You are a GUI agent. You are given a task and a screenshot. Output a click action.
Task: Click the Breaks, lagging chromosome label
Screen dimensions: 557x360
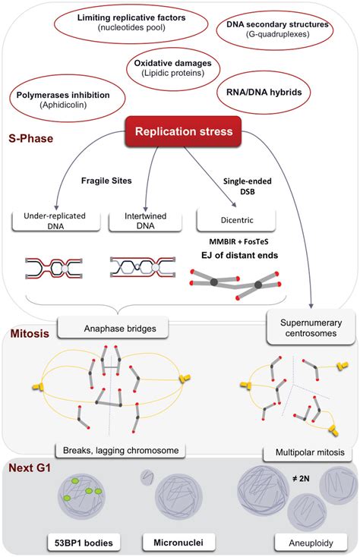pyautogui.click(x=123, y=450)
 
